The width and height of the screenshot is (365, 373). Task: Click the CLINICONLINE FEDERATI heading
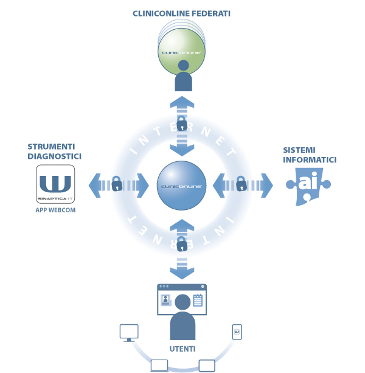(x=181, y=13)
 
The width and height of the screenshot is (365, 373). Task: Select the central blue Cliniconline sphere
(x=181, y=186)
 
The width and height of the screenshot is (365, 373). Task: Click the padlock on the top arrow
(x=182, y=124)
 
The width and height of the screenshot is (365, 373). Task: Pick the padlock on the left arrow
(x=117, y=183)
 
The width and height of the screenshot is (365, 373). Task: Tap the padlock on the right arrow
(x=242, y=183)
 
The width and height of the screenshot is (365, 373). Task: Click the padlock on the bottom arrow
(x=182, y=244)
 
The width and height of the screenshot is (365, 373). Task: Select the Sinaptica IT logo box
(x=55, y=184)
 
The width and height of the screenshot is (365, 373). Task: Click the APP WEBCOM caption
(x=55, y=210)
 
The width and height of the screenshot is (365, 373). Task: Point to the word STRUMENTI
(x=51, y=147)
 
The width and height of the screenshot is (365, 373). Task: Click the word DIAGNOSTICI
(x=55, y=156)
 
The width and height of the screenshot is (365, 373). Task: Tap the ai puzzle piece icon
(x=308, y=186)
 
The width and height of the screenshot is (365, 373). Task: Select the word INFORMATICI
(x=310, y=159)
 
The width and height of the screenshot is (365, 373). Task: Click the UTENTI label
(x=182, y=349)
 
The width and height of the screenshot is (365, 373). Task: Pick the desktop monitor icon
(x=129, y=333)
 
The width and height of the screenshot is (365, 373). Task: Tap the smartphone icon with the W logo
(x=237, y=332)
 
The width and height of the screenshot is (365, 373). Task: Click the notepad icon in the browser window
(x=198, y=300)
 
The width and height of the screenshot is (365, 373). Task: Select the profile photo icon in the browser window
(x=166, y=300)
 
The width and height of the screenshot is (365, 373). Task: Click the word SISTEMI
(x=299, y=150)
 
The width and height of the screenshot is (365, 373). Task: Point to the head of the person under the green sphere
(x=183, y=65)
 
